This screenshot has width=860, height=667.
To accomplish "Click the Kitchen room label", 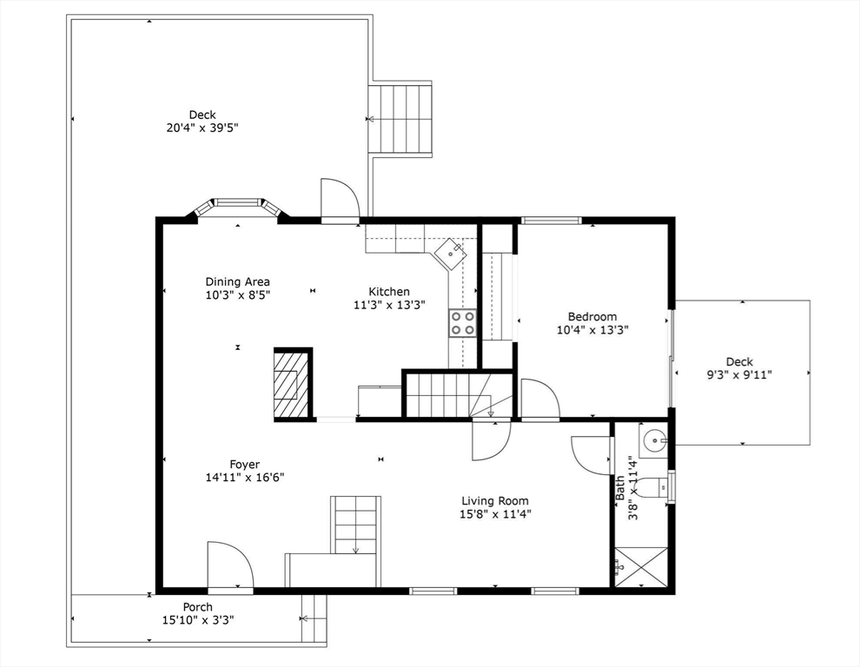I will click(388, 292).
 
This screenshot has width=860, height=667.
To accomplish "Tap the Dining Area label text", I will click(237, 281).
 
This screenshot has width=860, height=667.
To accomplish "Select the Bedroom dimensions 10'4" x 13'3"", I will click(592, 330).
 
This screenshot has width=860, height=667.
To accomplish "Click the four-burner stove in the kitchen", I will click(462, 323).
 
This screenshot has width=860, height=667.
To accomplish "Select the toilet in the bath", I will click(653, 488).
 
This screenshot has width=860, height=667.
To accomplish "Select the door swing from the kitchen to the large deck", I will click(339, 201).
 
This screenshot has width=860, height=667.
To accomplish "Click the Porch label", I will click(197, 607).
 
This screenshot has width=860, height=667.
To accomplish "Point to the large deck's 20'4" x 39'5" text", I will click(202, 128).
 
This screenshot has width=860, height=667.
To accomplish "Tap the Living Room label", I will click(494, 500).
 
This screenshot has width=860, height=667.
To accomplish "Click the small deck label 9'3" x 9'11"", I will click(739, 374).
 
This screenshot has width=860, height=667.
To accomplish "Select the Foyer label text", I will click(244, 465).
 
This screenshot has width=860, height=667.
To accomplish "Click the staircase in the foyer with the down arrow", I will click(355, 524).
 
